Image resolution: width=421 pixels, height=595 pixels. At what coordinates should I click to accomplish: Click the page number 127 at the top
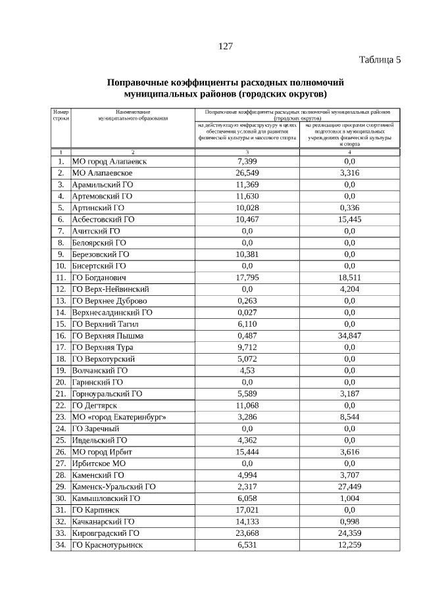point(226,46)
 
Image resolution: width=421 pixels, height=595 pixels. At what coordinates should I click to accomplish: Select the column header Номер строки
point(61,117)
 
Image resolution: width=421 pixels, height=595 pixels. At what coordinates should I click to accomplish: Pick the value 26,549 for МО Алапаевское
point(247,172)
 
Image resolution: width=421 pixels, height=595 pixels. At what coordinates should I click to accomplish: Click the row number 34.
point(60,545)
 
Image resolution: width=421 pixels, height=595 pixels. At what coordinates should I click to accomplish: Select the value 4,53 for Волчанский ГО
point(247,370)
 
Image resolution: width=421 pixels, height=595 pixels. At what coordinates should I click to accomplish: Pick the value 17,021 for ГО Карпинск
point(247,510)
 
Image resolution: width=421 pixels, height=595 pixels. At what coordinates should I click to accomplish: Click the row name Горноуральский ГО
point(107,394)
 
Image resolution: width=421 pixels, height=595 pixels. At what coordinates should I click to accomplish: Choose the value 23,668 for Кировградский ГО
point(247,533)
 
